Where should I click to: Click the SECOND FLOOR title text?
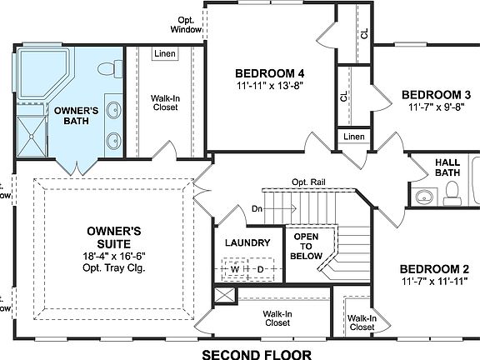pos(257,354)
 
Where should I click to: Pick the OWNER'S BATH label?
pos(77,117)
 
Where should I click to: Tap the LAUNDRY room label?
pos(247,242)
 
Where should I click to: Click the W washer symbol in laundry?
pos(235,270)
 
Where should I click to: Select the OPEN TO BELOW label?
pos(307,247)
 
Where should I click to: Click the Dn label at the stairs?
pos(259,209)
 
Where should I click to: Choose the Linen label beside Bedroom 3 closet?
pos(353,136)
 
